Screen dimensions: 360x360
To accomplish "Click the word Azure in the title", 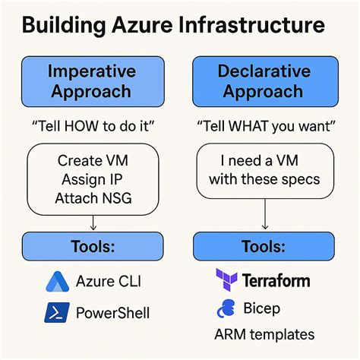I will [x=141, y=27].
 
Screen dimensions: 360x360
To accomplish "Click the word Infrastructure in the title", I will [x=251, y=27].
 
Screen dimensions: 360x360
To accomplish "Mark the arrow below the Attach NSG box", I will [x=91, y=223].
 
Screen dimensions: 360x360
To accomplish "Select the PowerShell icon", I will [x=55, y=312].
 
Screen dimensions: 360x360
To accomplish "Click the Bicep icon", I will [x=226, y=308].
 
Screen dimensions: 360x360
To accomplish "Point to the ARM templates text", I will [x=264, y=334].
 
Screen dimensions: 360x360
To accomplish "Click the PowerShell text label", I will [x=112, y=312].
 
